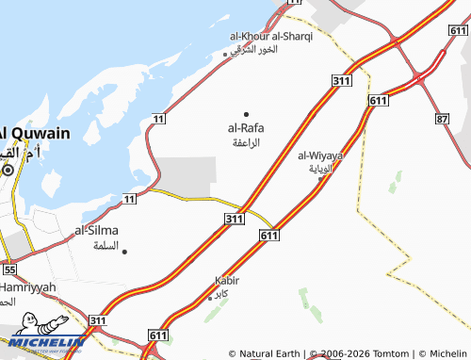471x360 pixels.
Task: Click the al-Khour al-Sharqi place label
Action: [x=271, y=36]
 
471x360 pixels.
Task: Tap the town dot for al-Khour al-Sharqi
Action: [x=224, y=54]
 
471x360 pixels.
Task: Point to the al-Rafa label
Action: [x=246, y=128]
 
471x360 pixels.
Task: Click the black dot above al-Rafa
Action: [x=247, y=114]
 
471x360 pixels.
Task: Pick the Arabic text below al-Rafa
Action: [x=246, y=142]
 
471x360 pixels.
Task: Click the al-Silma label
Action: [x=98, y=230]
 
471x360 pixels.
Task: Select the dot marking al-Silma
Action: [x=124, y=251]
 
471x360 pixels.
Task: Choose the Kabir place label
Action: [x=227, y=281]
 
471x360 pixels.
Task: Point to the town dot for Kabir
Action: [x=209, y=298]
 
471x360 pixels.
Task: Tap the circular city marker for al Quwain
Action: [x=8, y=172]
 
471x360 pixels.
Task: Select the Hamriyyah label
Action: [x=28, y=286]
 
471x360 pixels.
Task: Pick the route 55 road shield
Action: [x=9, y=270]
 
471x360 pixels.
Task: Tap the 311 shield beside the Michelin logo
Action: [x=97, y=321]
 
